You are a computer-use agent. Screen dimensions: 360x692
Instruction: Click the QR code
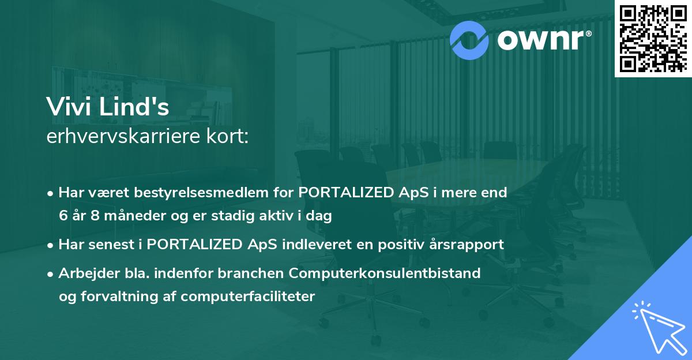click(x=653, y=38)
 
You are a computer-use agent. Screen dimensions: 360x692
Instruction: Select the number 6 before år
click(x=63, y=216)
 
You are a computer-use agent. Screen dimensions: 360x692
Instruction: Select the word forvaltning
click(x=117, y=297)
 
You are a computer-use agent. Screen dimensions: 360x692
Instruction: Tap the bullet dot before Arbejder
click(x=51, y=273)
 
